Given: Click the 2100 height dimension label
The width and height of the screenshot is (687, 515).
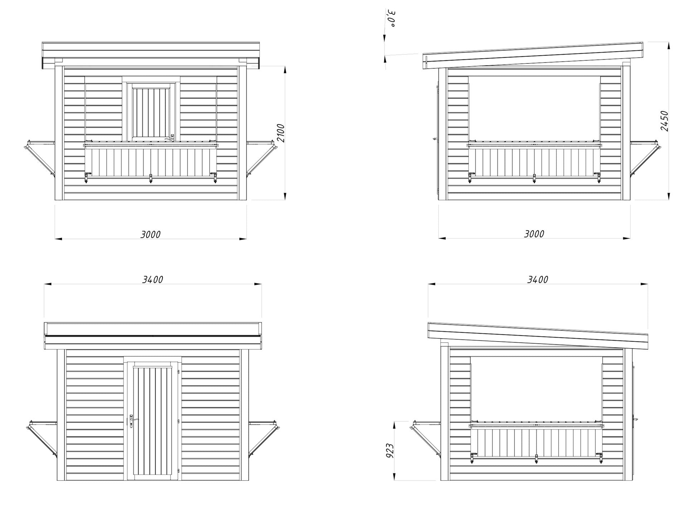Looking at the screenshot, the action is tap(281, 133).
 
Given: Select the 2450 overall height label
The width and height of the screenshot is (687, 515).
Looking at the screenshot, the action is tap(664, 121).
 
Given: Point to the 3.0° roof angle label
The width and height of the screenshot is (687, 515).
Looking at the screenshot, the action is tap(392, 19).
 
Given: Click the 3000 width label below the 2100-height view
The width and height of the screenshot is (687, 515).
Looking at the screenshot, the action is tap(151, 235).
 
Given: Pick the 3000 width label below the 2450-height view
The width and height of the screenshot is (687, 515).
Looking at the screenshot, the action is tap(534, 234).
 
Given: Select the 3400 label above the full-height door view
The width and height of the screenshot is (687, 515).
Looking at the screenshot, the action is tap(153, 280).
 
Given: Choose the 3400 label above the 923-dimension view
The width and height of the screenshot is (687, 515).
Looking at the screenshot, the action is tap(538, 280).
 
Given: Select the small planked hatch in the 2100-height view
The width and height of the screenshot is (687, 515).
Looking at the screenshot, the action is tap(151, 111).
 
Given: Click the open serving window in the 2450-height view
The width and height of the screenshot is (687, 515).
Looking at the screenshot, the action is tap(534, 107).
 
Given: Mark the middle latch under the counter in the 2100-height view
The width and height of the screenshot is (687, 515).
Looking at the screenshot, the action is tap(151, 178).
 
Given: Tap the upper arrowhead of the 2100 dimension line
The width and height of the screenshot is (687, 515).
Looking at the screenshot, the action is tap(285, 69).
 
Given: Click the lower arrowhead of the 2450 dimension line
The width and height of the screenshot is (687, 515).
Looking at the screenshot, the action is tap(668, 196).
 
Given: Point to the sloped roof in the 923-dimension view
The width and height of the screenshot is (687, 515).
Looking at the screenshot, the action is tap(538, 336).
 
